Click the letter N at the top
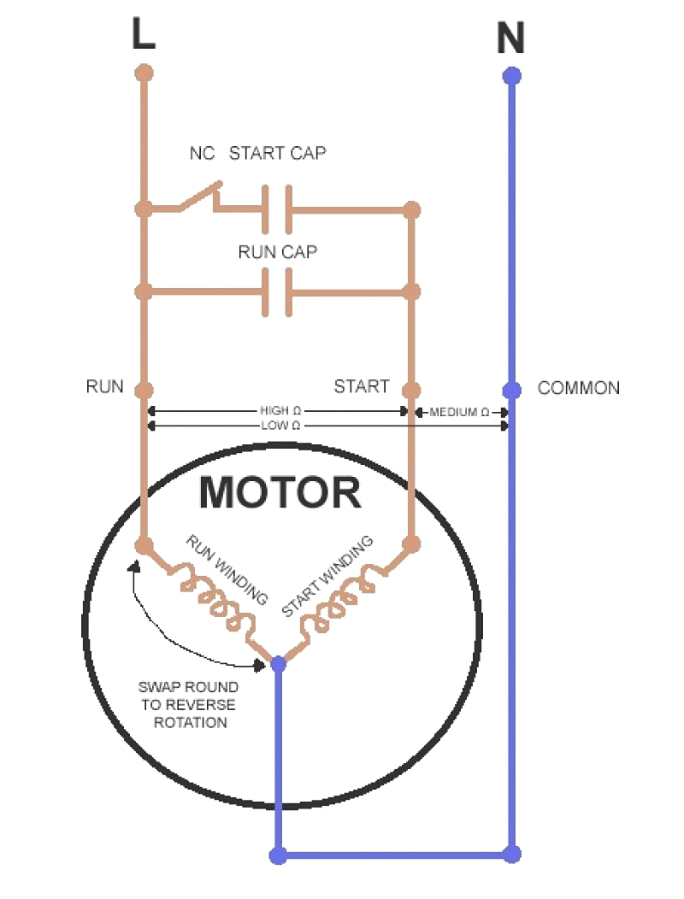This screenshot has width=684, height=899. (510, 38)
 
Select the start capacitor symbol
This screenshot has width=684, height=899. (276, 209)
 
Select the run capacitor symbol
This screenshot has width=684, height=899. (276, 292)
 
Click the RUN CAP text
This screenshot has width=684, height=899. (278, 253)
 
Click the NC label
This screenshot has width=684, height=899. (201, 155)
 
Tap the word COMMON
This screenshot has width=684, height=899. (578, 389)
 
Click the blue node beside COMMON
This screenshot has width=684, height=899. (511, 391)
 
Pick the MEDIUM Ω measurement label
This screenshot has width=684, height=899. (459, 412)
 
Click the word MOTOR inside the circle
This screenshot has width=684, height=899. (280, 493)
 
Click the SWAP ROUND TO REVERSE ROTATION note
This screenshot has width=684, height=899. (187, 705)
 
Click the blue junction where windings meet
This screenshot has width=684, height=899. (278, 662)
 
